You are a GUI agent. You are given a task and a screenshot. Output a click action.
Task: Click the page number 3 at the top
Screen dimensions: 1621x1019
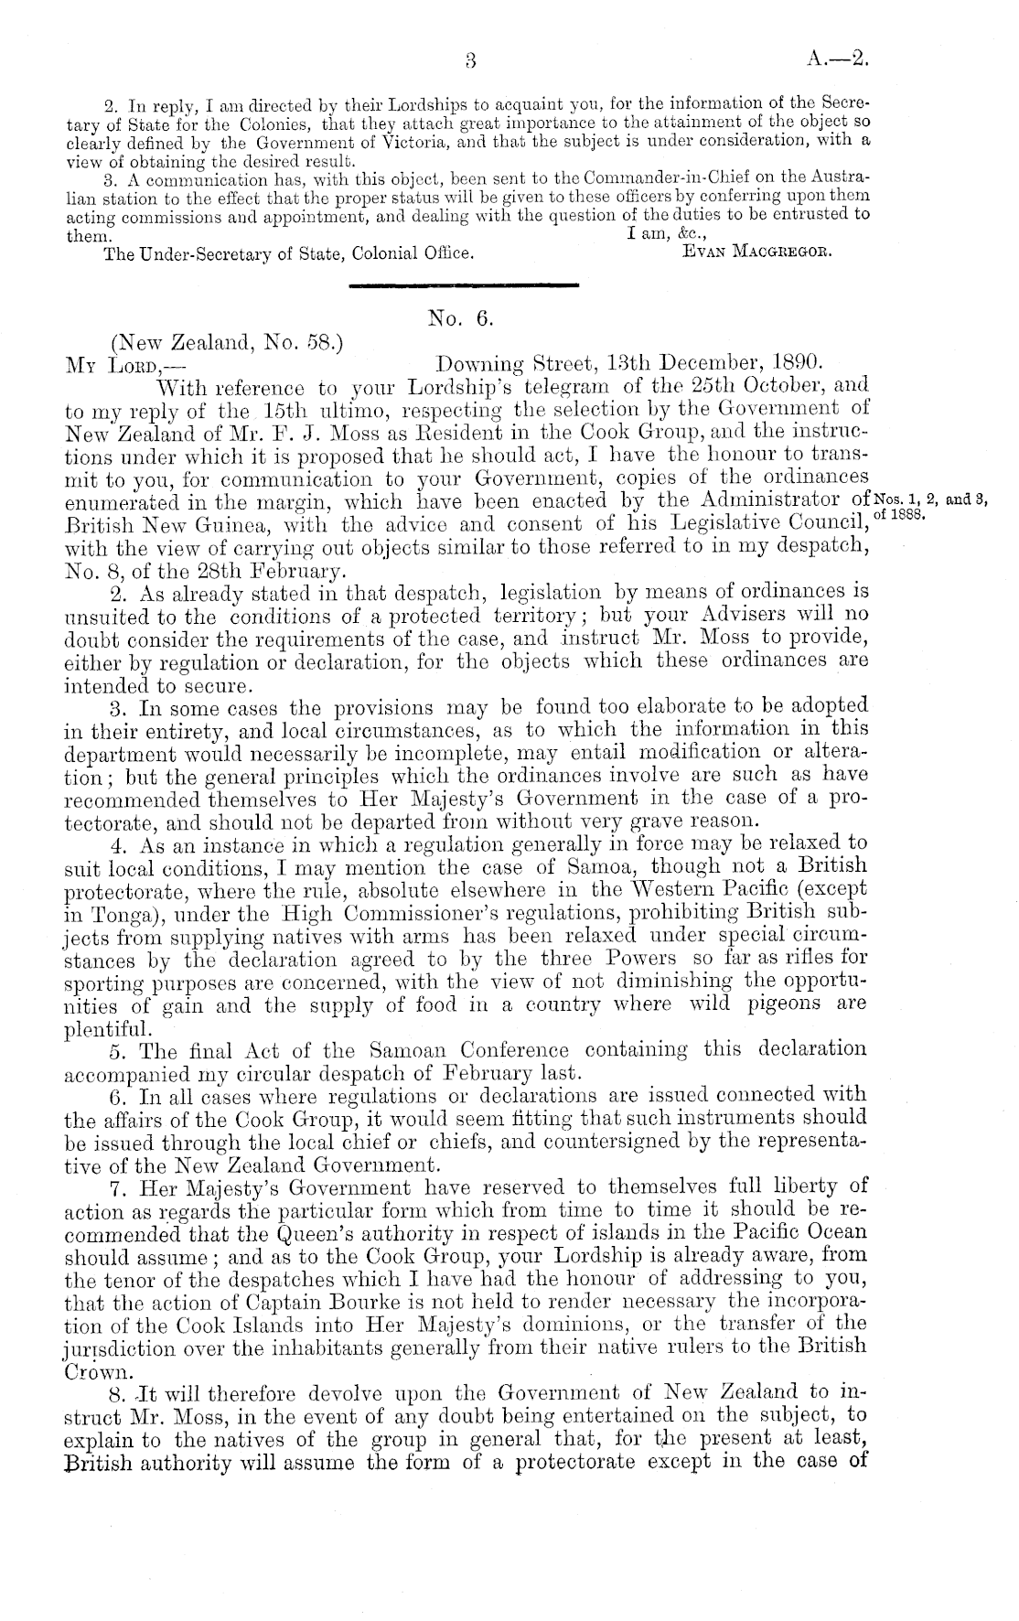click(470, 62)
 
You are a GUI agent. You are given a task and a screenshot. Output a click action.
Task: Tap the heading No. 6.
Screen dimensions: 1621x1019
click(461, 317)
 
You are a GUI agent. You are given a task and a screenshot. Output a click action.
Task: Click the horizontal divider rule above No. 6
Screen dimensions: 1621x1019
click(466, 285)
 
